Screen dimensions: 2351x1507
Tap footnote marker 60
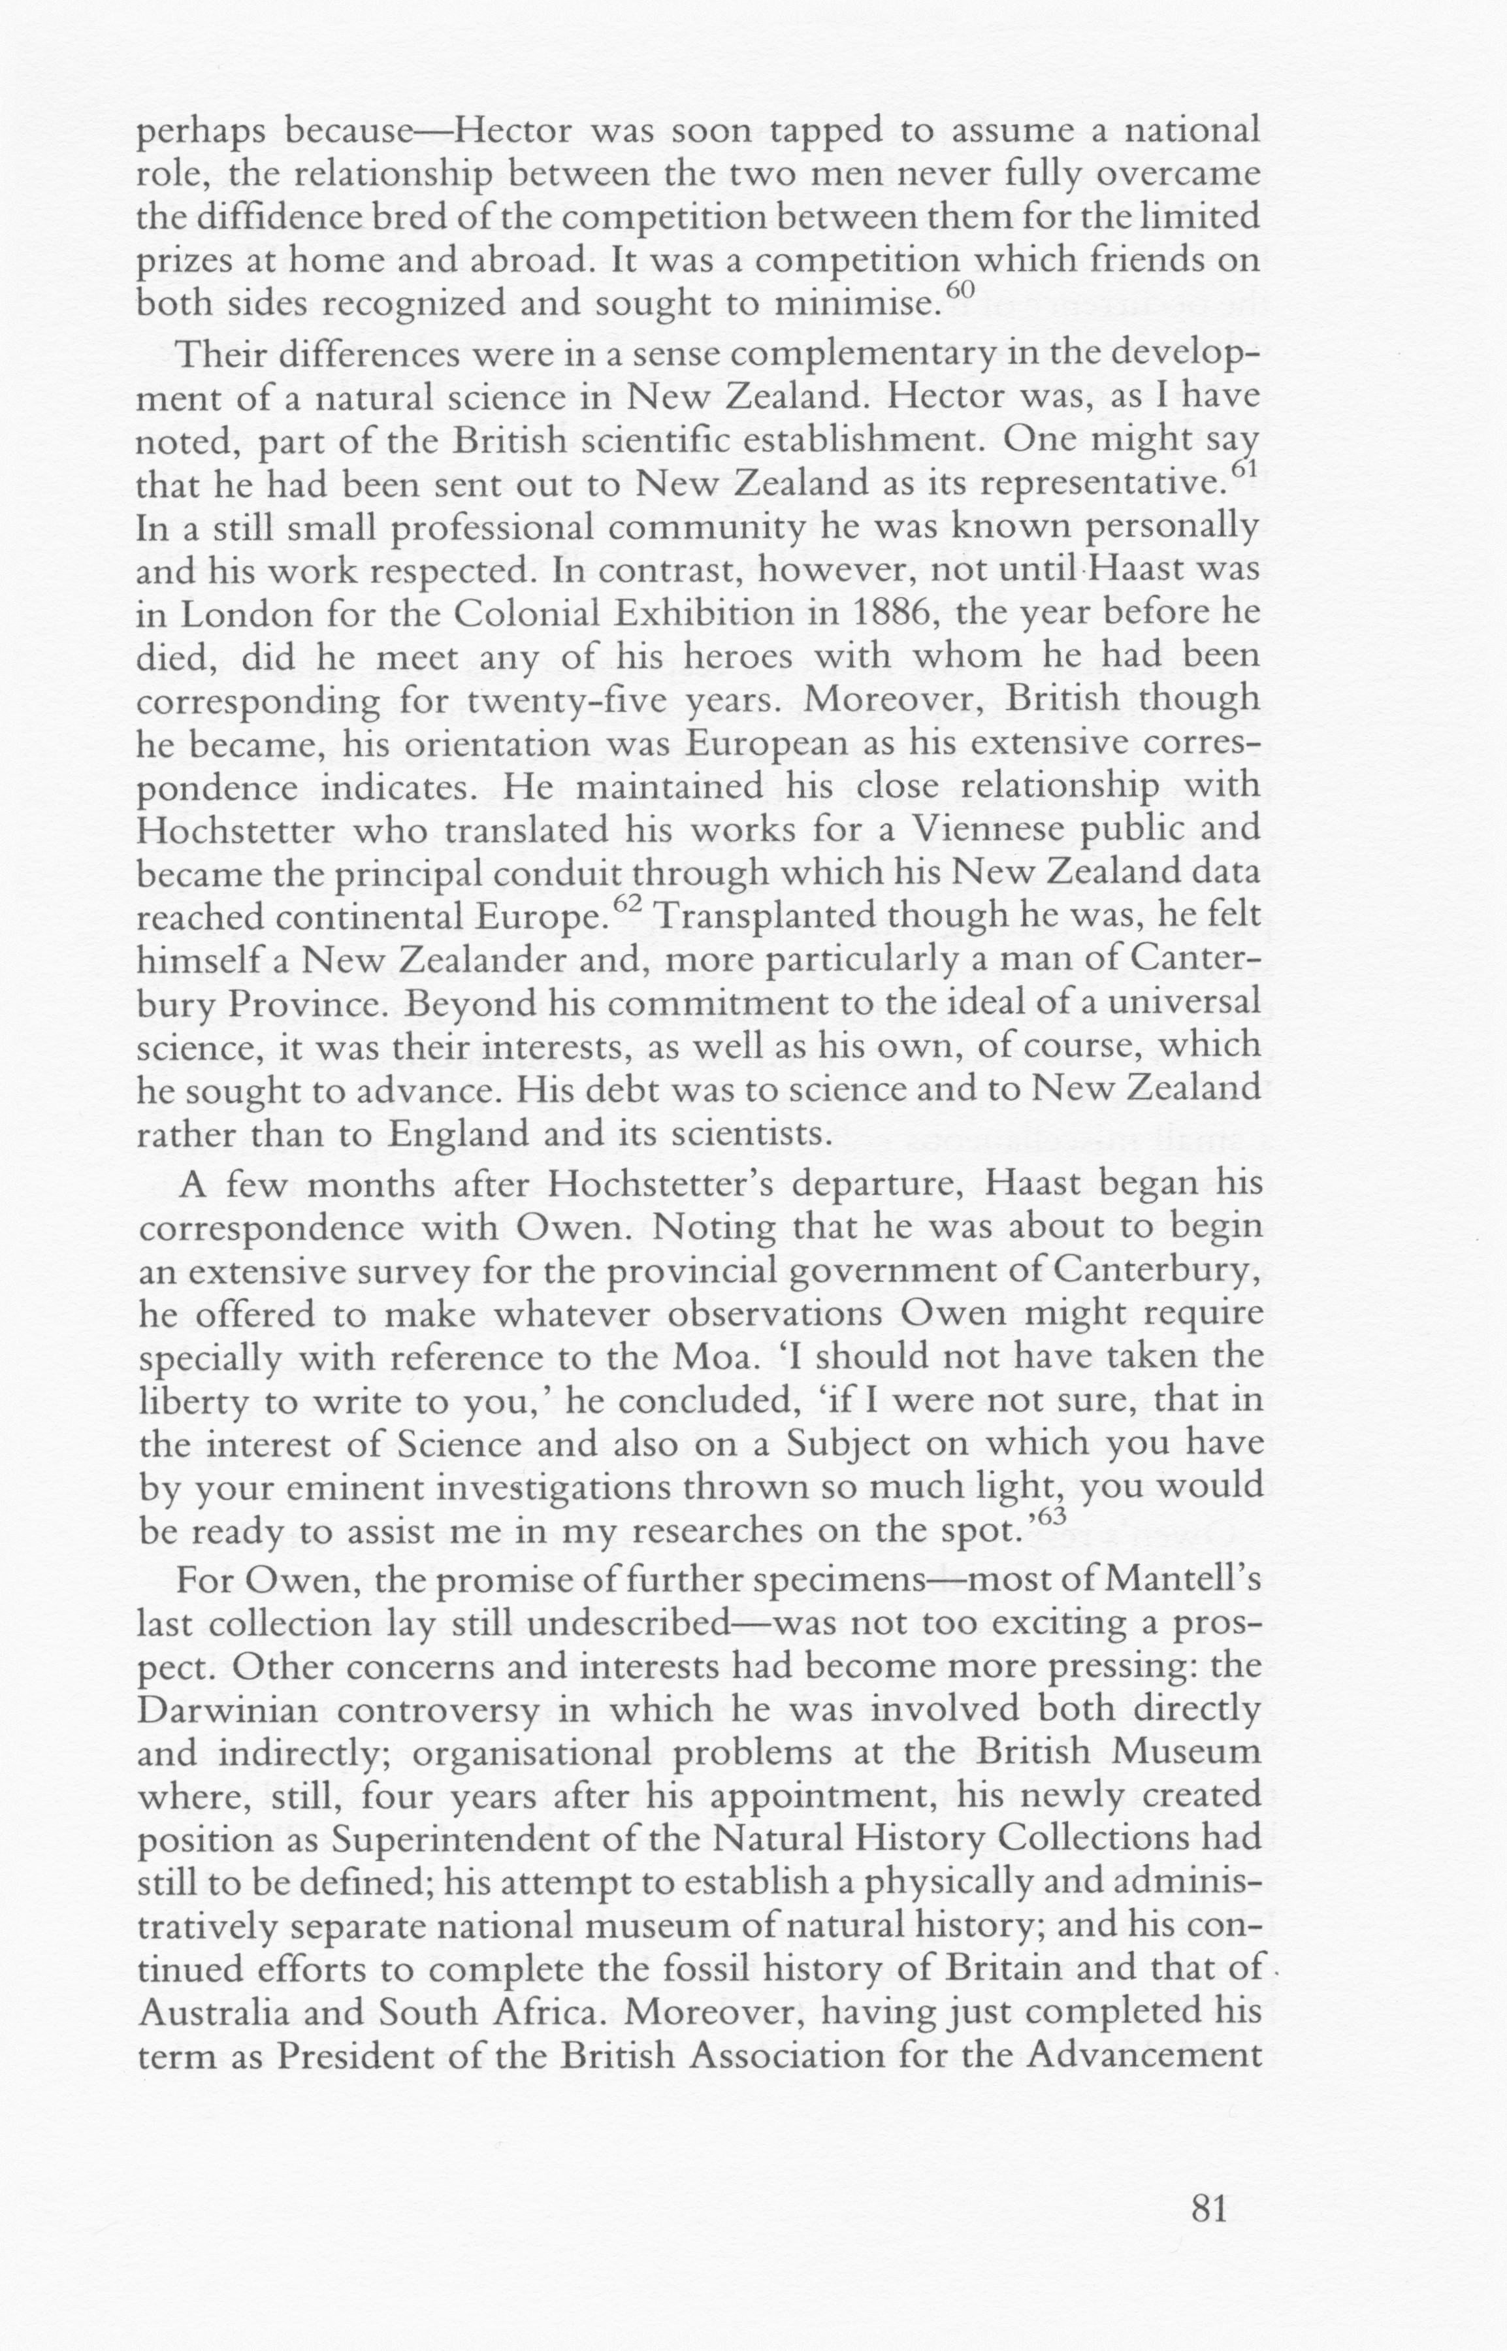click(x=962, y=289)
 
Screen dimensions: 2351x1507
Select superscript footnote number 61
click(x=1243, y=470)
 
